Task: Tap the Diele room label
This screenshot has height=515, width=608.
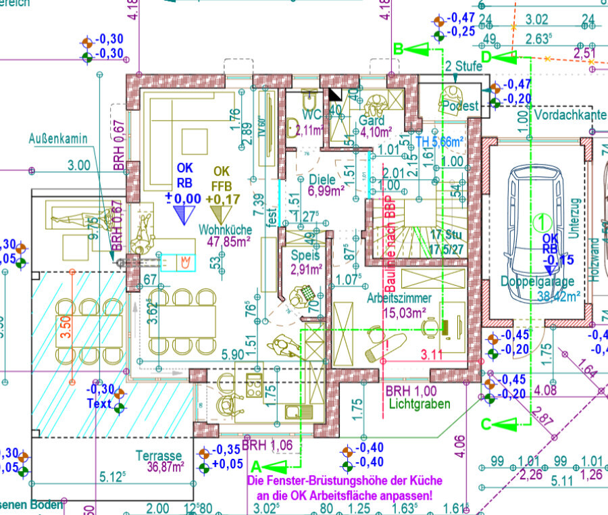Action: tap(323, 180)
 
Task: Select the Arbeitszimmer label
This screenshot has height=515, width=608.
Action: tap(399, 298)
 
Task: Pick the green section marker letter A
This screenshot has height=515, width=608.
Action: tap(256, 466)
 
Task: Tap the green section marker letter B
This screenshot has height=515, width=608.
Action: tap(399, 49)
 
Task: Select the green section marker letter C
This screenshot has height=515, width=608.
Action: tap(486, 424)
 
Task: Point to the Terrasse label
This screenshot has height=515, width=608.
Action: tap(159, 456)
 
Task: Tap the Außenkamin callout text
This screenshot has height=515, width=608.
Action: tap(59, 139)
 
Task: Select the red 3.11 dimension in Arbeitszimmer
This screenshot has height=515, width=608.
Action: tap(432, 353)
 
